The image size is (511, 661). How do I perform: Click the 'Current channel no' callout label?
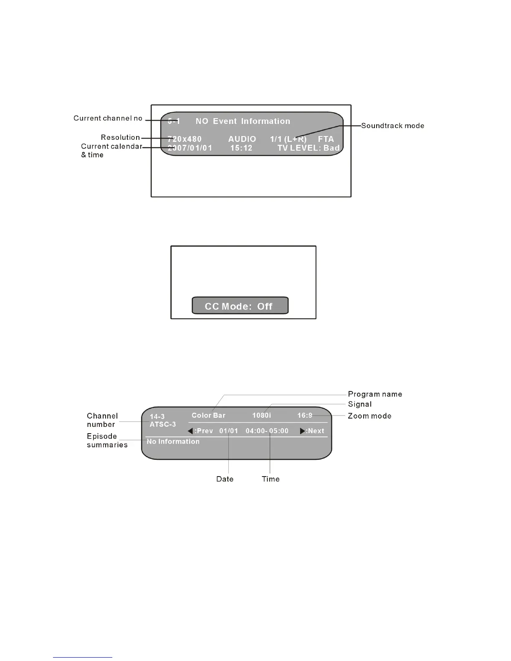coord(108,119)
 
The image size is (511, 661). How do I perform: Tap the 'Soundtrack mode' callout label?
coord(392,126)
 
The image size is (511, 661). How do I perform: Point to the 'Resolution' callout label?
coord(120,137)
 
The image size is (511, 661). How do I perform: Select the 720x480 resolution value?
coord(185,139)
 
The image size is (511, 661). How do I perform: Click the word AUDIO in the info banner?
coord(242,139)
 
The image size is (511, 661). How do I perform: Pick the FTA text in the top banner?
coord(326,139)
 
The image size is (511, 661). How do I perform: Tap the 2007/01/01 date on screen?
coord(190,148)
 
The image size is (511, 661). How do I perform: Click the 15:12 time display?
coord(241,148)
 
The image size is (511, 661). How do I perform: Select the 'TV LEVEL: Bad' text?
coord(309,148)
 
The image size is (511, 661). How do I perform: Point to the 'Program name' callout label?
coord(375,394)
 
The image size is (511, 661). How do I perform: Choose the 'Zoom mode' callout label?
coord(369,416)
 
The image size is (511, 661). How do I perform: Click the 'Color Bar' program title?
coord(208,416)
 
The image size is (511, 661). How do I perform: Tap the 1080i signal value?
coord(262,416)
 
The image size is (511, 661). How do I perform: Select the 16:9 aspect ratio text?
coord(305,416)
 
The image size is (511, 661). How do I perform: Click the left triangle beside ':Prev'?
coord(190,431)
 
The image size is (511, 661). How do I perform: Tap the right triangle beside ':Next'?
coord(303,431)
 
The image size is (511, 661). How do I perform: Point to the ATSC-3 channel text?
coord(163,424)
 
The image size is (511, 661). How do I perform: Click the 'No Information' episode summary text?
coord(173,442)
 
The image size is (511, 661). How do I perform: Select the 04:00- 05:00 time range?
coord(267,431)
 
